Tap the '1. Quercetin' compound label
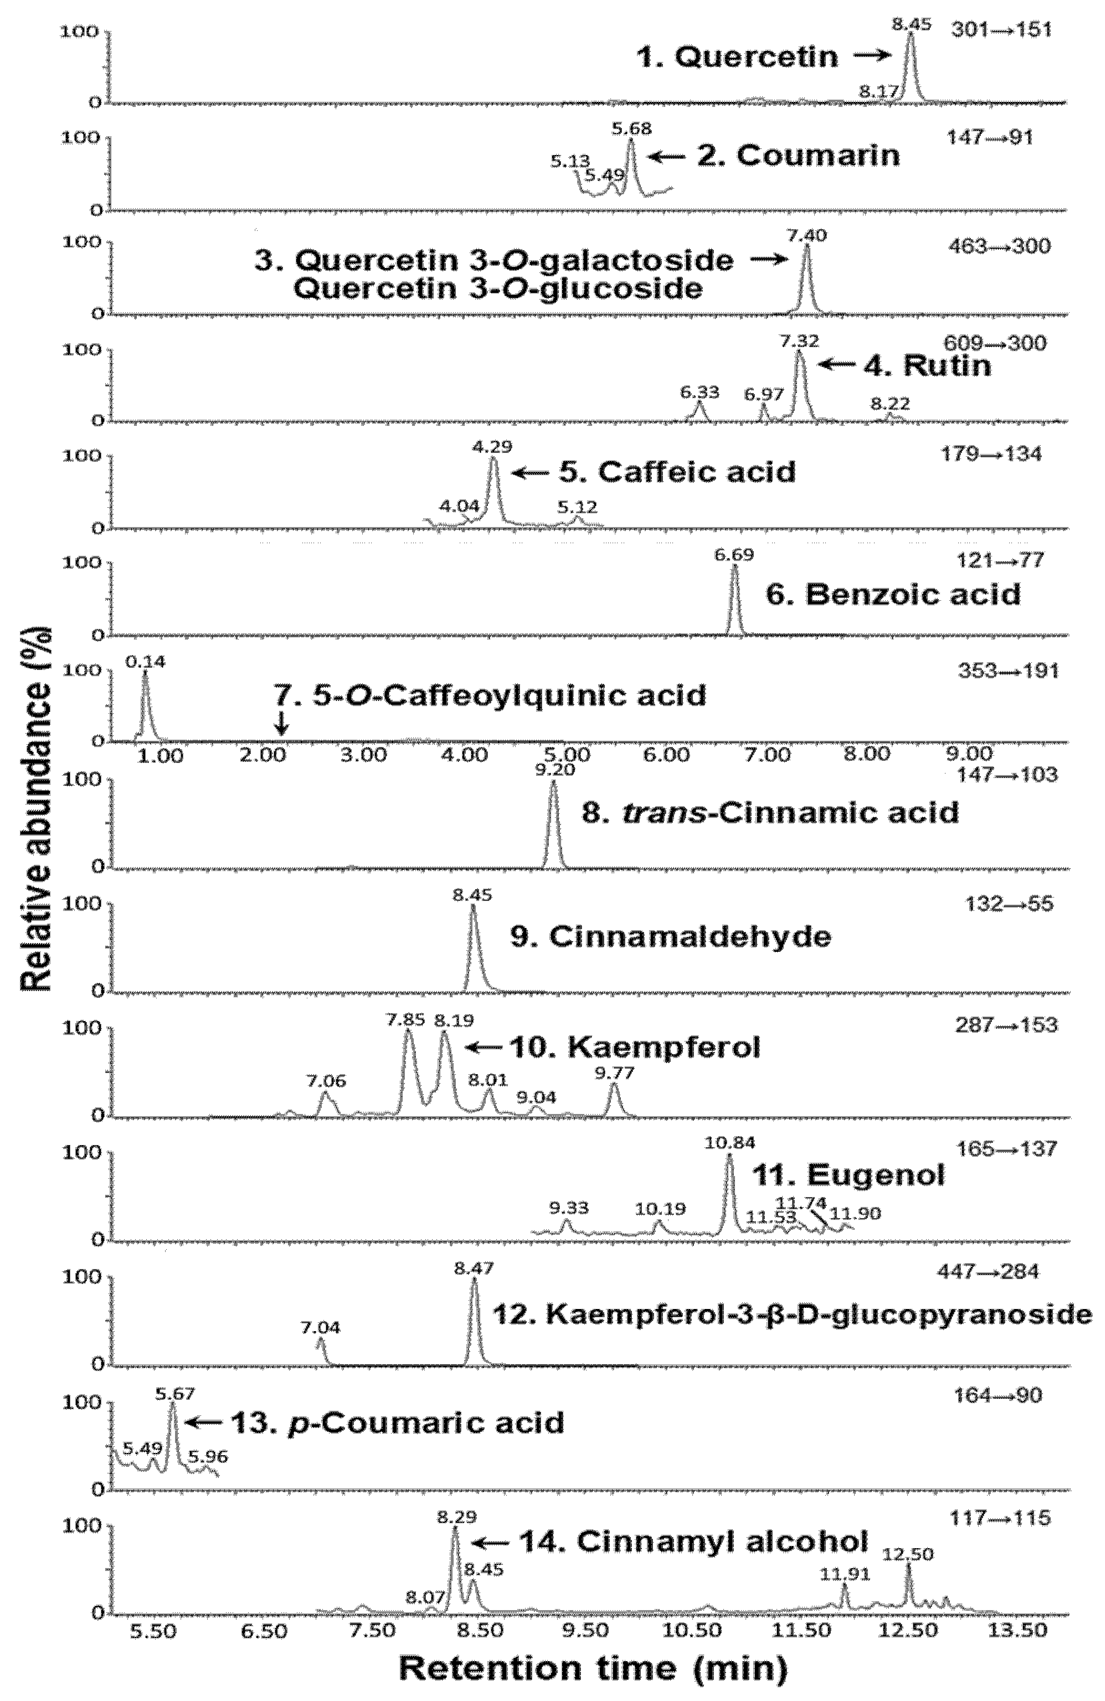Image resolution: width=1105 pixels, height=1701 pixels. click(737, 56)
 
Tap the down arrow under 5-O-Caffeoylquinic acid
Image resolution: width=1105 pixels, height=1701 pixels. click(281, 725)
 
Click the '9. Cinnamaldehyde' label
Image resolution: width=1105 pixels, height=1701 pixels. click(670, 936)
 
